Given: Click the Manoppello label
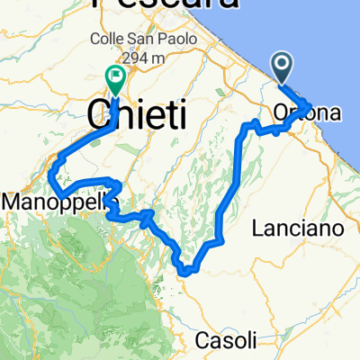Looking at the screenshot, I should tap(56, 204).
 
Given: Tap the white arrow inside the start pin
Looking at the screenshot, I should tap(282, 64).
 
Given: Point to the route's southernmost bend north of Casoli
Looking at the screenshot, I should tap(186, 268).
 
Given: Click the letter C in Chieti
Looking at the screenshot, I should tap(98, 115).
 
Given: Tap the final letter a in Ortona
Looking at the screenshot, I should tap(336, 114).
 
